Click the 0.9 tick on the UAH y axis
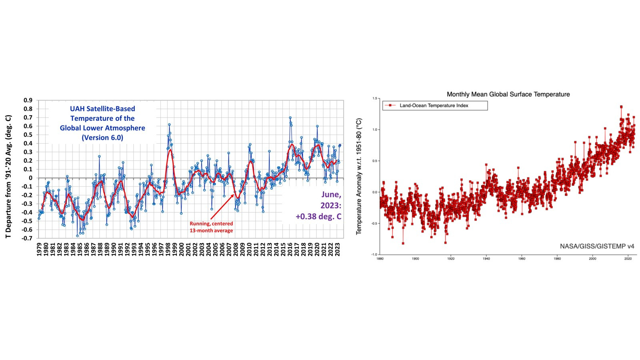28,100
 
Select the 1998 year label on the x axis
168,249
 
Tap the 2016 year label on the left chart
290,249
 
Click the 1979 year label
39,249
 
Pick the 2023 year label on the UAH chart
338,249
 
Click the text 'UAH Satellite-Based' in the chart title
102,109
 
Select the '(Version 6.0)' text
102,138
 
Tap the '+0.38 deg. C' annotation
318,216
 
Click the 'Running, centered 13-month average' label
211,227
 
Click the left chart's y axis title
8,177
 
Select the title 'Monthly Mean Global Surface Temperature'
508,94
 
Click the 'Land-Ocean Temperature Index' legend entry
434,106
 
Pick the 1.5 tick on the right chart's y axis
375,98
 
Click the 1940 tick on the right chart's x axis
486,259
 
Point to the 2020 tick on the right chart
628,259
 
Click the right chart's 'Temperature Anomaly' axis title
359,176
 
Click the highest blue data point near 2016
290,118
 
